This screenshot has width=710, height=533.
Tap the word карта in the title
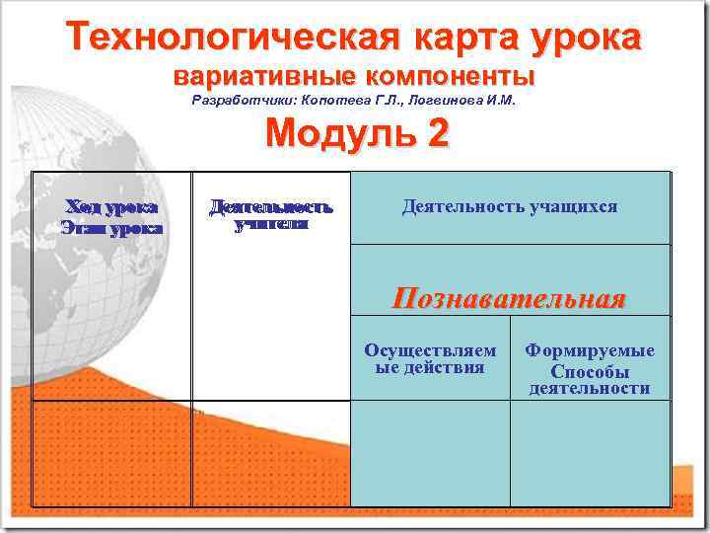[x=460, y=38]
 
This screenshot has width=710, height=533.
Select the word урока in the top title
[x=587, y=38]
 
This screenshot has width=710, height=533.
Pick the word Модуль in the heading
[x=330, y=133]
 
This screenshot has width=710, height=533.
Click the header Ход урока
[x=110, y=207]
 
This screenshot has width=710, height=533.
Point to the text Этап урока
[x=110, y=228]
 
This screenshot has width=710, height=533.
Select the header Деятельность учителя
[x=271, y=215]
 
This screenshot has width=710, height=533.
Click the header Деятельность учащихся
[x=509, y=206]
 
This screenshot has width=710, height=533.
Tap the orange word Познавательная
[x=509, y=298]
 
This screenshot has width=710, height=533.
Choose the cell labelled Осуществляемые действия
[x=430, y=359]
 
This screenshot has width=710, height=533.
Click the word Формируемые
[x=590, y=350]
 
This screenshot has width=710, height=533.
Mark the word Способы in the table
[x=590, y=372]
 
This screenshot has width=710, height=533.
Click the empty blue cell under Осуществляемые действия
[x=430, y=453]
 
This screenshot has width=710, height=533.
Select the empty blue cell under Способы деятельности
[x=590, y=453]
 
